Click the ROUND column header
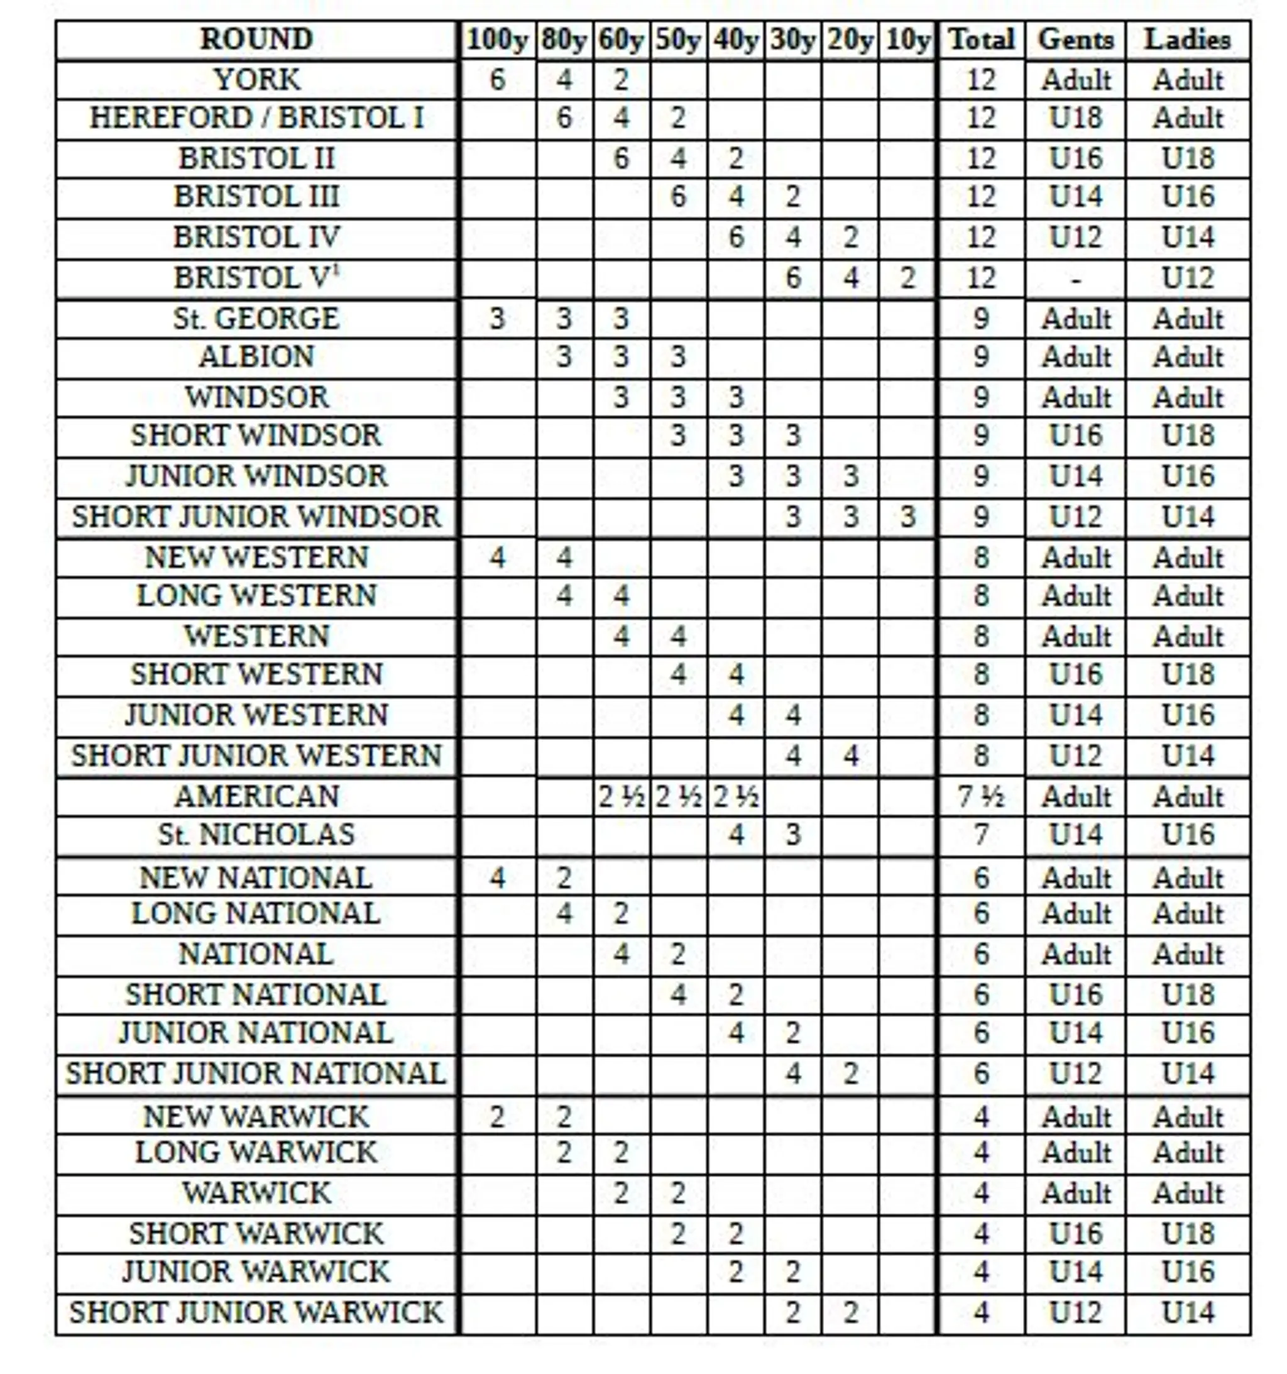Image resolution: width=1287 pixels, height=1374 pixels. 256,40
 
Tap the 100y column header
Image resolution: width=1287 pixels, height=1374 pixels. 496,40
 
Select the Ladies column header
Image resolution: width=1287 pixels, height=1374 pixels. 1187,40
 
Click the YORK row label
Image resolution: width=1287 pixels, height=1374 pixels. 256,79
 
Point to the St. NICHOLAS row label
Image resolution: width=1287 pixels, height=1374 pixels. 256,834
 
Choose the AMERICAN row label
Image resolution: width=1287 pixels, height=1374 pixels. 256,796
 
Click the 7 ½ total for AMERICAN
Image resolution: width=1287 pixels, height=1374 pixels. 980,797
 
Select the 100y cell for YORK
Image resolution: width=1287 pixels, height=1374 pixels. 496,79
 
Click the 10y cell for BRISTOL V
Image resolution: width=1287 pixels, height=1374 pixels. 907,278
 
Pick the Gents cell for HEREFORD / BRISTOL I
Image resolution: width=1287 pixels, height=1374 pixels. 1075,118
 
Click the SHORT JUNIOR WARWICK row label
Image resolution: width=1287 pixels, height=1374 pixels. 256,1311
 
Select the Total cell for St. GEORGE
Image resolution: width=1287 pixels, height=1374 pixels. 980,319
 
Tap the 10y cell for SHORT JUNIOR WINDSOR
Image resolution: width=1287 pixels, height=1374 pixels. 907,516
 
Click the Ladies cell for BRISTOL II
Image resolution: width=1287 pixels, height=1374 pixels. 1187,158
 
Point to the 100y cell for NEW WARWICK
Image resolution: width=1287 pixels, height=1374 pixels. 496,1116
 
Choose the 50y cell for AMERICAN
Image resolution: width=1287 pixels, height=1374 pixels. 678,797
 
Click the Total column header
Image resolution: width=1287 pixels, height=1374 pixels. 980,40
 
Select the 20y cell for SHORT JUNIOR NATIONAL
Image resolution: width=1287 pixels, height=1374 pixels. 850,1073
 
